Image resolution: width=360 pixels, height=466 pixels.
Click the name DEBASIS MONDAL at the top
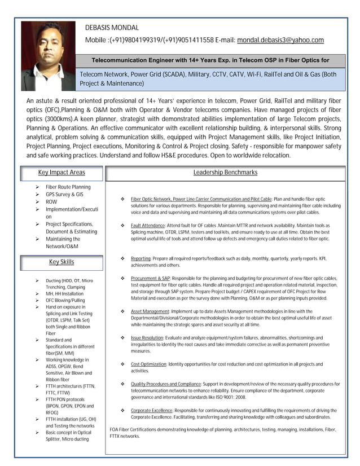pos(112,28)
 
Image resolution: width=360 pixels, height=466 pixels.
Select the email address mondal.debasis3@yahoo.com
pos(280,40)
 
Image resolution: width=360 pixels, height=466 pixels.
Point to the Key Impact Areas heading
pos(62,172)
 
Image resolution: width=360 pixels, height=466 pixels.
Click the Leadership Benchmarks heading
pos(225,172)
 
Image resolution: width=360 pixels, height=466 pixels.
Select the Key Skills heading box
pos(62,262)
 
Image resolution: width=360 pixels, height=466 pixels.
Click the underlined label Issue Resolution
pos(147,337)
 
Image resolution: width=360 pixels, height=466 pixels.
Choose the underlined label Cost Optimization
pos(149,364)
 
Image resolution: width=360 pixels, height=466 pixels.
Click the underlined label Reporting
pos(140,258)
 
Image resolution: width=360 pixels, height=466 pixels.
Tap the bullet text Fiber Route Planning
pos(68,187)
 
